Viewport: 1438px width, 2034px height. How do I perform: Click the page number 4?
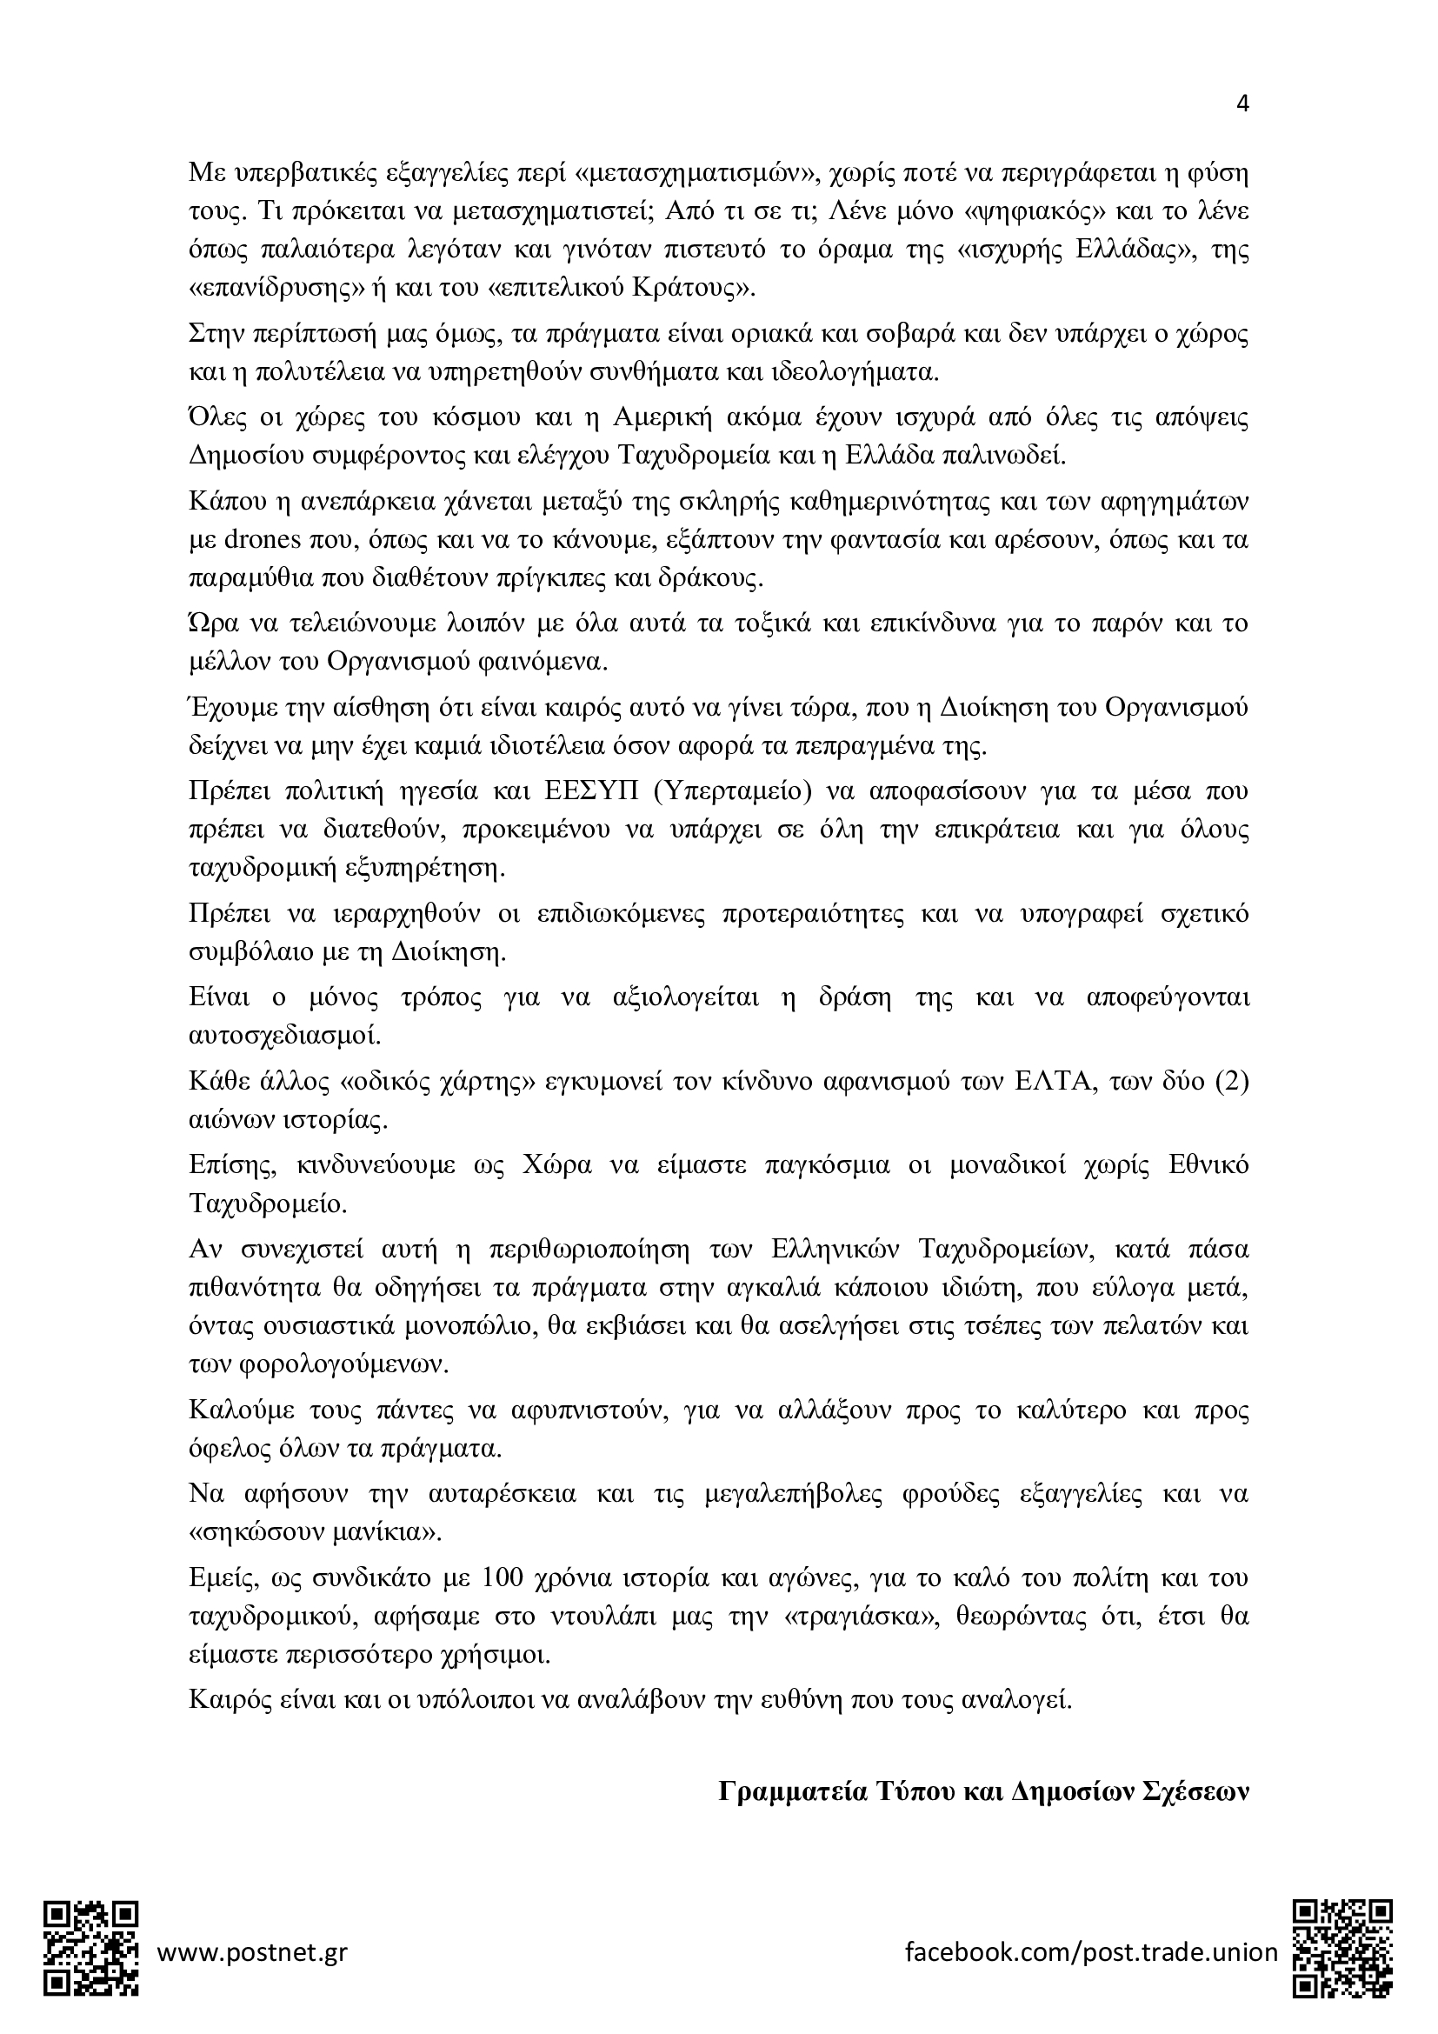(x=1242, y=103)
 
